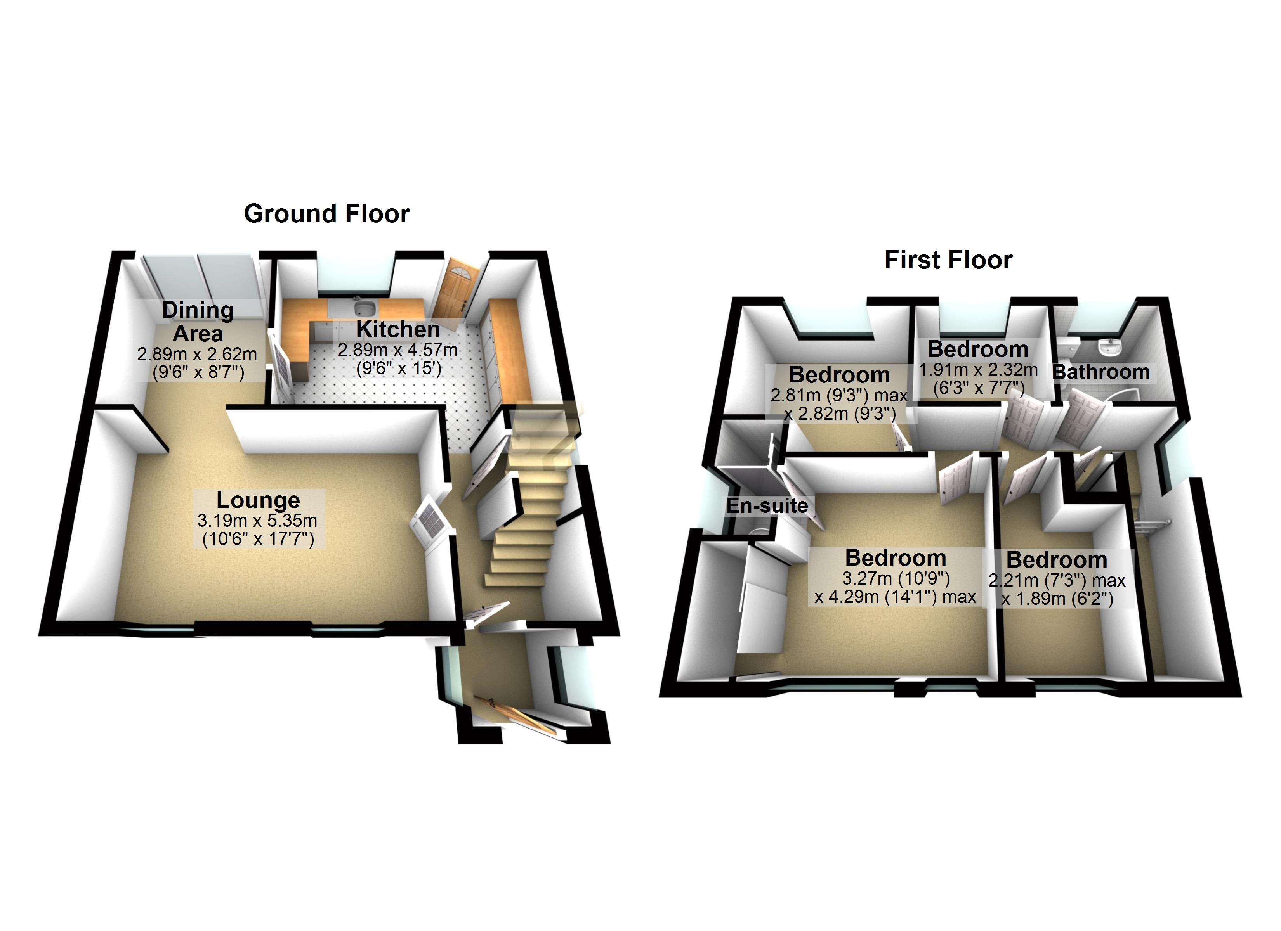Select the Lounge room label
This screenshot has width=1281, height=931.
258,500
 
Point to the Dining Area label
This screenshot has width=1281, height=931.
198,322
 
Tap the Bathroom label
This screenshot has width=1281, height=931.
1101,372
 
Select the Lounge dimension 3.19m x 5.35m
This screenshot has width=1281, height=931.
257,521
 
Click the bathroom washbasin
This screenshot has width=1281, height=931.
1109,347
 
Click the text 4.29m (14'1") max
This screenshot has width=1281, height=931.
895,597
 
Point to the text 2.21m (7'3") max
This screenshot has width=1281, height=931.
1057,580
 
